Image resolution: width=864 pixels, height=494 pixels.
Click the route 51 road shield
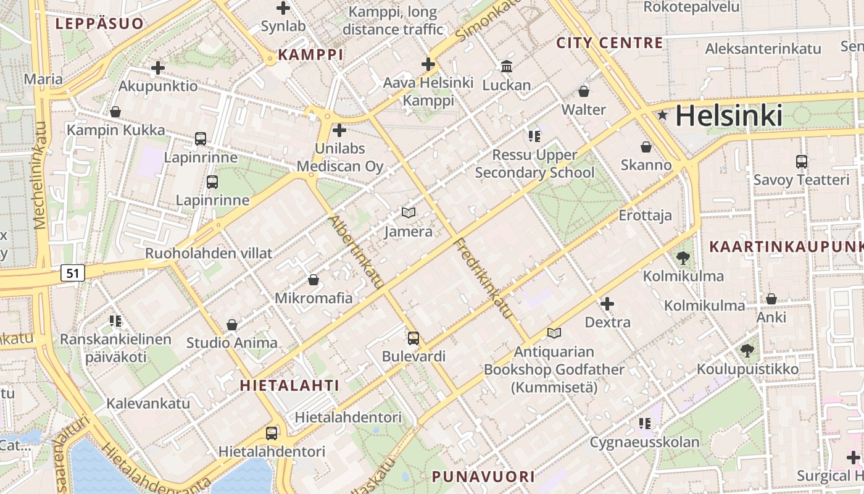point(73,272)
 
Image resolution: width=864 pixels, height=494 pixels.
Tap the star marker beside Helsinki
point(663,115)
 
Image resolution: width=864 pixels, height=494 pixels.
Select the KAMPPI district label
point(310,55)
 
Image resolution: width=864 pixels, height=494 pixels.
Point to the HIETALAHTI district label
point(289,386)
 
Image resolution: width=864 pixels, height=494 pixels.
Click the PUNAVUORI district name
point(483,477)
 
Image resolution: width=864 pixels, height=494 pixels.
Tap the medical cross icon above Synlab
point(283,8)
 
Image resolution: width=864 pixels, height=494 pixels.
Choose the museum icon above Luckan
point(507,66)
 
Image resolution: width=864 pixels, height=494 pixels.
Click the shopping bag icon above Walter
point(583,91)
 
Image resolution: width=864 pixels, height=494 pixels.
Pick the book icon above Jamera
point(408,212)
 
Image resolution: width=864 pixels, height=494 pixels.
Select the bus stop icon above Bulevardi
point(413,338)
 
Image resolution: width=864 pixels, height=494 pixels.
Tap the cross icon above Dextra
point(607,304)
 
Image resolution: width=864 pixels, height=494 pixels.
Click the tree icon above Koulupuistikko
point(747,351)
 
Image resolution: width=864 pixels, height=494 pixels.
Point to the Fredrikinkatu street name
point(484,279)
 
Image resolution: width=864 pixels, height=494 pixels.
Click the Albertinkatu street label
point(356,252)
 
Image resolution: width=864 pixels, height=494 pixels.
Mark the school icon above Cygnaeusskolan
point(645,424)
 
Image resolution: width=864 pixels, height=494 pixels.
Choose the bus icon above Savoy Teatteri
point(801,162)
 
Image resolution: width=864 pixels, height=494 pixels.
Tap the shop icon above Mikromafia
point(314,280)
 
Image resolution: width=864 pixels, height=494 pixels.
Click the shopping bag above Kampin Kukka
point(115,112)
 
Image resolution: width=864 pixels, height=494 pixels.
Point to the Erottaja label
point(646,216)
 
